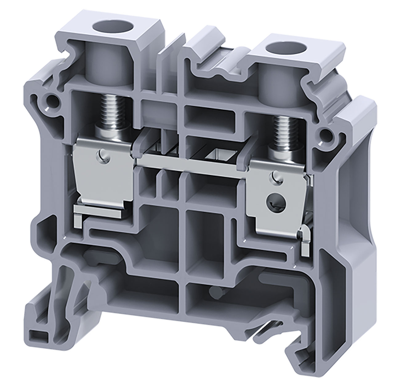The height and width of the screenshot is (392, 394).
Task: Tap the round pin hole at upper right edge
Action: click(325, 134)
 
